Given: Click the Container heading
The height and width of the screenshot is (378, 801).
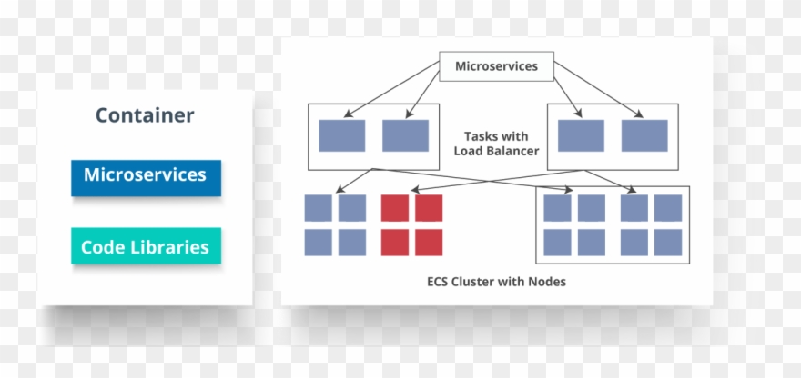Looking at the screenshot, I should click(145, 115).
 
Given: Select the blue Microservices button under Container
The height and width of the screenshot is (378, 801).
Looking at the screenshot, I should click(146, 176).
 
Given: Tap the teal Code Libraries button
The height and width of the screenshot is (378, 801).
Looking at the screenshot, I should click(146, 246).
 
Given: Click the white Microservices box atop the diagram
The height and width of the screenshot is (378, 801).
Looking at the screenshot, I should click(496, 66).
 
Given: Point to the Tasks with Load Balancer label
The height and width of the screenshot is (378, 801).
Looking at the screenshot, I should click(496, 144).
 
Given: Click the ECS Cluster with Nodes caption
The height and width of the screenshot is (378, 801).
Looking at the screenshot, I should click(496, 282).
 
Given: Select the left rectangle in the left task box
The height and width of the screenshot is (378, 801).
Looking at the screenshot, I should click(341, 135).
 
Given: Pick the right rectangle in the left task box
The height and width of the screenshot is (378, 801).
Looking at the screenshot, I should click(405, 135).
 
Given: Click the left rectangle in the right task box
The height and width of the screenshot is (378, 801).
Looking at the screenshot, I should click(581, 135).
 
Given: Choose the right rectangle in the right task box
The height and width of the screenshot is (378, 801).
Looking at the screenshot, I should click(644, 135).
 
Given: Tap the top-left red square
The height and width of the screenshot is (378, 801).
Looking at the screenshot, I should click(394, 208).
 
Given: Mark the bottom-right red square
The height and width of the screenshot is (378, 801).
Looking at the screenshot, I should click(429, 243).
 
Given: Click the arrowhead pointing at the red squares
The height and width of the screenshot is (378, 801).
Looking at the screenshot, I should click(414, 191).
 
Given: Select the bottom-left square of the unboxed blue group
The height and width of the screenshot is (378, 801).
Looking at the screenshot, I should click(318, 243).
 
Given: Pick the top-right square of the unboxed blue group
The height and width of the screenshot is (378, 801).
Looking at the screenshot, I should click(352, 208).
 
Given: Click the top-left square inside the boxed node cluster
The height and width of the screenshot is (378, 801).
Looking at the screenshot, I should click(557, 208).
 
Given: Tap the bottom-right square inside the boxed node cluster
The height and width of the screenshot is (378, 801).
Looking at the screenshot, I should click(668, 243).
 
